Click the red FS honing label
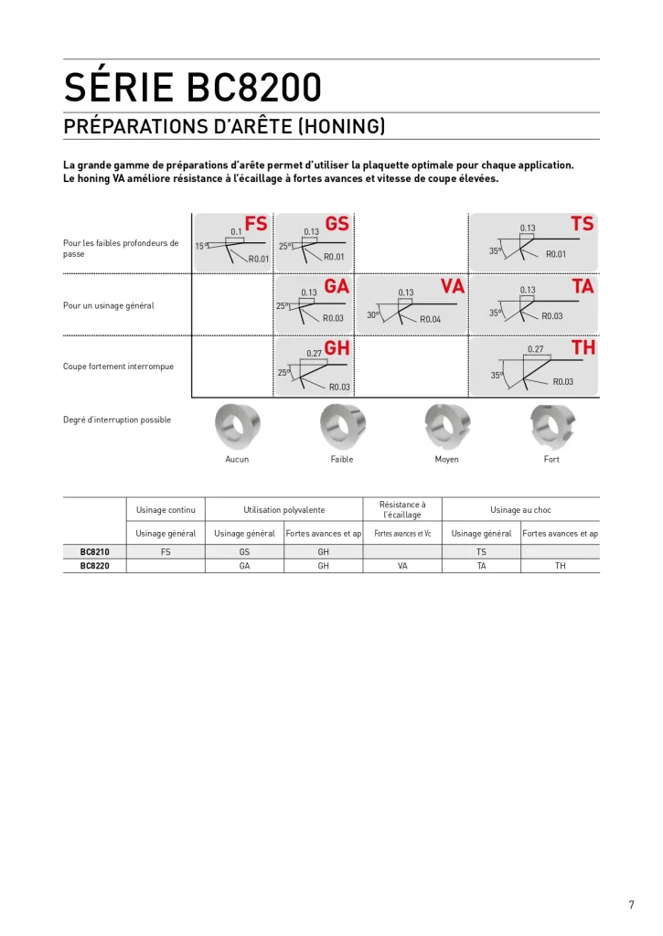pyautogui.click(x=256, y=224)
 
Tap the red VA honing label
pyautogui.click(x=453, y=287)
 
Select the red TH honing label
pyautogui.click(x=583, y=348)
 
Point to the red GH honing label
pyautogui.click(x=337, y=348)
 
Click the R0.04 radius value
pyautogui.click(x=430, y=319)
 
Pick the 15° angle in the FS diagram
pyautogui.click(x=201, y=246)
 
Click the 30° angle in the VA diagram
pyautogui.click(x=373, y=314)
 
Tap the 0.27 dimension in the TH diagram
pyautogui.click(x=535, y=349)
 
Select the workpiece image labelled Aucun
pyautogui.click(x=237, y=427)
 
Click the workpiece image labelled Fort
pyautogui.click(x=551, y=427)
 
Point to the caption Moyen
pyautogui.click(x=446, y=459)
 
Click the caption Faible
pyautogui.click(x=342, y=459)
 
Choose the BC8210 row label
pyautogui.click(x=94, y=552)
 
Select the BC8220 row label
pyautogui.click(x=94, y=566)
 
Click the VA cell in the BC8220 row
pyautogui.click(x=402, y=566)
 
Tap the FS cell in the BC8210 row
pyautogui.click(x=166, y=552)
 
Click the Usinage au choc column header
pyautogui.click(x=520, y=509)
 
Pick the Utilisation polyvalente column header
pyautogui.click(x=283, y=509)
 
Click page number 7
pyautogui.click(x=630, y=905)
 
